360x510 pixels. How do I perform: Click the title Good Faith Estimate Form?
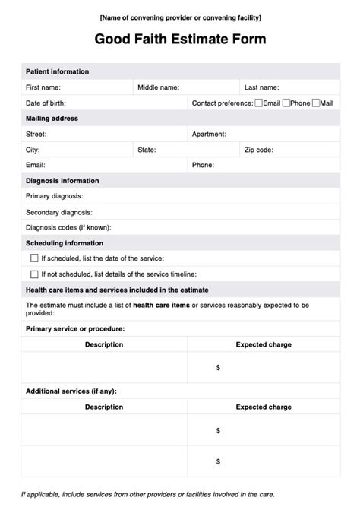click(180, 39)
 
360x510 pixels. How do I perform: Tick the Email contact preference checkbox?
click(259, 103)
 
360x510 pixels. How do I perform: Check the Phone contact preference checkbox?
click(286, 103)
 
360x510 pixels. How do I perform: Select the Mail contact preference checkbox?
click(316, 103)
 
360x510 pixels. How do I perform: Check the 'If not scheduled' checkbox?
click(34, 274)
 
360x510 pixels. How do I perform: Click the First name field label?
click(43, 87)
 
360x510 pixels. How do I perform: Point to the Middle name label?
click(158, 87)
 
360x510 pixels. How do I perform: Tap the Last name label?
click(261, 87)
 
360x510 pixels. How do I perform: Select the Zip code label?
click(259, 150)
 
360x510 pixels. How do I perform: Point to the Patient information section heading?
click(57, 71)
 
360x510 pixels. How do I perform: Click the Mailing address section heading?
click(52, 119)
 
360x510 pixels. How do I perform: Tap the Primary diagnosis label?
click(59, 196)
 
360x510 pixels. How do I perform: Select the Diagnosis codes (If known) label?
click(68, 227)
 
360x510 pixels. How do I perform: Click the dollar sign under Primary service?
click(218, 367)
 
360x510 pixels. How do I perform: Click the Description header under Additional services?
click(104, 407)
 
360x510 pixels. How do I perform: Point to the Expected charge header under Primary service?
click(264, 344)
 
